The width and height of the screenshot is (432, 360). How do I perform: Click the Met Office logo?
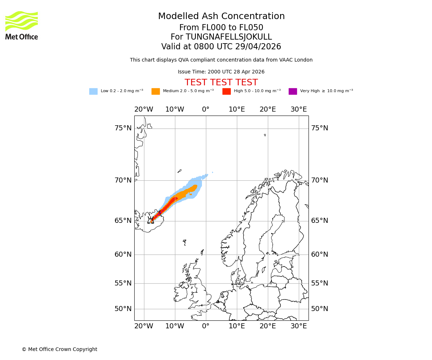tap(22, 25)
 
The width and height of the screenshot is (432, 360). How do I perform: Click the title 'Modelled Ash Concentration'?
tap(221, 17)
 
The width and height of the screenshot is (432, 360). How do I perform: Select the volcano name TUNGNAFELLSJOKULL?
tap(221, 37)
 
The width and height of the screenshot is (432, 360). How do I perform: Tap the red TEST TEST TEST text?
tap(221, 82)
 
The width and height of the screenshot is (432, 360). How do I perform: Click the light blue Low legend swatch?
tap(93, 91)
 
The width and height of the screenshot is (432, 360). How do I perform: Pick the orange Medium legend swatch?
tap(156, 91)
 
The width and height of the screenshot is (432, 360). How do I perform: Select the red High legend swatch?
tap(226, 91)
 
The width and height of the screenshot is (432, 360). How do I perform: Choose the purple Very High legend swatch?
tap(293, 91)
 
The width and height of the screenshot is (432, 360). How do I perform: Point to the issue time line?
tap(221, 72)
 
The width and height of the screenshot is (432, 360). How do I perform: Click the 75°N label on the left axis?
tap(123, 128)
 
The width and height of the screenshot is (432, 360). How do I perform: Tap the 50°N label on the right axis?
tap(320, 309)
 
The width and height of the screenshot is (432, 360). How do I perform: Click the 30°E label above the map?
tap(299, 109)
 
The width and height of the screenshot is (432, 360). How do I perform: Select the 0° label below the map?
tap(206, 326)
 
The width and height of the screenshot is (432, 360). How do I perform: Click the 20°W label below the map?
tap(144, 326)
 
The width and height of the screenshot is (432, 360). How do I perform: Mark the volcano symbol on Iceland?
tap(150, 220)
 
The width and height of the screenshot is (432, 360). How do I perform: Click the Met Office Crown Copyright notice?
tap(59, 349)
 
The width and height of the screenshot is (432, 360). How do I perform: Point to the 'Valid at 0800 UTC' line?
tap(221, 47)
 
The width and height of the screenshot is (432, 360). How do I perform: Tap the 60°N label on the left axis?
tap(123, 255)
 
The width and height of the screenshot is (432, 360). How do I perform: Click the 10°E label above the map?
tap(237, 109)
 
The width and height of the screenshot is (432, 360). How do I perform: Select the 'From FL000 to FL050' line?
tap(221, 28)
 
